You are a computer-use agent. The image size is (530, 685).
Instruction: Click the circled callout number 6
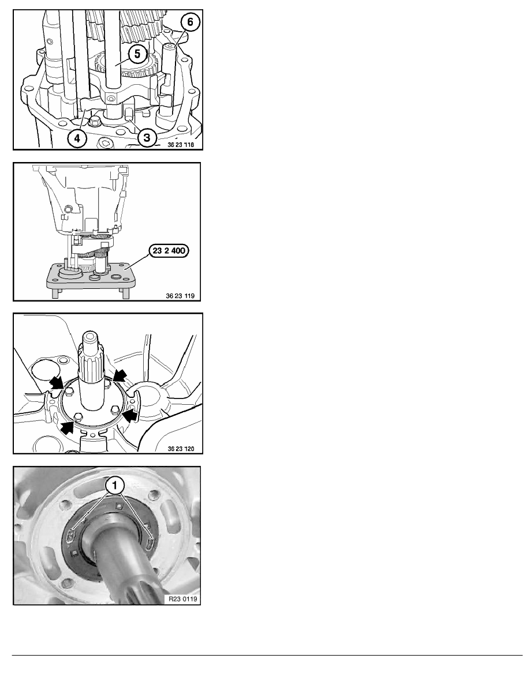point(190,21)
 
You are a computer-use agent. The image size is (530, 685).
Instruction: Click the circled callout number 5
point(137,54)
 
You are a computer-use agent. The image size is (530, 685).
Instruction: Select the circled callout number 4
point(77,138)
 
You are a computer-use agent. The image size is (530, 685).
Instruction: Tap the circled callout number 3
point(147,138)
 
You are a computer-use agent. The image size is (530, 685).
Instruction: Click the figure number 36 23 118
point(181,145)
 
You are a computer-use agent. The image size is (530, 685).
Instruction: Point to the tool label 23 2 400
point(169,251)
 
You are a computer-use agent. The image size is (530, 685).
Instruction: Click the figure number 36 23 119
point(180,296)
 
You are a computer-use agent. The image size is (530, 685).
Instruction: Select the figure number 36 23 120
point(181,449)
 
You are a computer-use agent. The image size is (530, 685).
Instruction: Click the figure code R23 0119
point(183,599)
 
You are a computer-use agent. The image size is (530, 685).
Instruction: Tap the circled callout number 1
point(115,485)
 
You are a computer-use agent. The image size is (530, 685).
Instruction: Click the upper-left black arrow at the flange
point(56,383)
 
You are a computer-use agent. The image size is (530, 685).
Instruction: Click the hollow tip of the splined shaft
point(91,338)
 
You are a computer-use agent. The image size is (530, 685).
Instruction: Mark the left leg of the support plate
point(55,293)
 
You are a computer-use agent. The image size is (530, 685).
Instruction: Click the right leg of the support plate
point(126,293)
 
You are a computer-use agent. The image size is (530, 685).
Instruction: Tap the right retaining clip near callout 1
point(151,543)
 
